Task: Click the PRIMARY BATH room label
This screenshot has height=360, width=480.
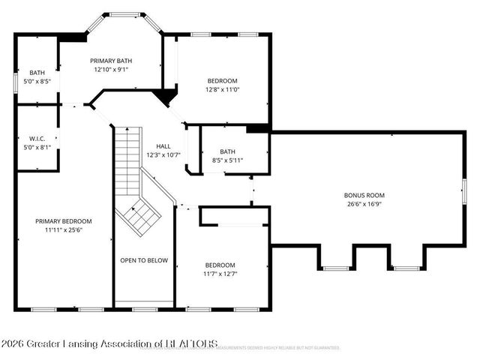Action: pyautogui.click(x=111, y=61)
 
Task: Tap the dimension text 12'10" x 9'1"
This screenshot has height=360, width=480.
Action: pyautogui.click(x=111, y=70)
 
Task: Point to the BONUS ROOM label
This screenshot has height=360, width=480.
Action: pyautogui.click(x=365, y=195)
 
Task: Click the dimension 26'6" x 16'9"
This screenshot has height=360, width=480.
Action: pyautogui.click(x=365, y=204)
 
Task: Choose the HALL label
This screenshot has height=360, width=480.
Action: pyautogui.click(x=163, y=146)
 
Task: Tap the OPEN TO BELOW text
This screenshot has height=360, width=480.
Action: pyautogui.click(x=144, y=261)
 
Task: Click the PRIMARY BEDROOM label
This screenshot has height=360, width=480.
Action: pyautogui.click(x=64, y=221)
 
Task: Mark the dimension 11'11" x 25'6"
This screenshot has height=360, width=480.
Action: pyautogui.click(x=64, y=230)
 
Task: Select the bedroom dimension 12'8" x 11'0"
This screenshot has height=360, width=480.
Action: pyautogui.click(x=222, y=90)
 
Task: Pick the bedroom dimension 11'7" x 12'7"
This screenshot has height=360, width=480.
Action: pyautogui.click(x=220, y=274)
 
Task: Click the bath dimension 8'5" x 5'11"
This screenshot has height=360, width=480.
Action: pyautogui.click(x=227, y=160)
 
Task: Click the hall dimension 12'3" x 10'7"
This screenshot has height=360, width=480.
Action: pyautogui.click(x=163, y=155)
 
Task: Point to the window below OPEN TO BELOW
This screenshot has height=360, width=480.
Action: pyautogui.click(x=144, y=309)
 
